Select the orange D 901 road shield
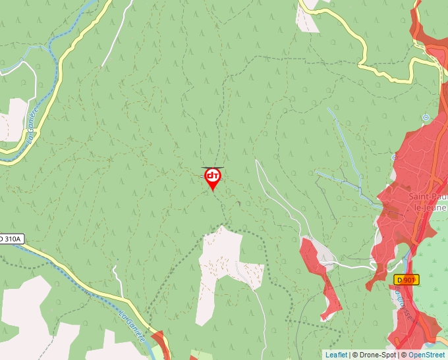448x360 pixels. pyautogui.click(x=406, y=280)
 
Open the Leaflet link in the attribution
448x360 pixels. pyautogui.click(x=336, y=355)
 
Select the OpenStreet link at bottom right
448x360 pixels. pyautogui.click(x=428, y=355)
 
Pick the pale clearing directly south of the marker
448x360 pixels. pyautogui.click(x=221, y=263)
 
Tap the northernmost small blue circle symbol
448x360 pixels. pyautogui.click(x=426, y=117)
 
